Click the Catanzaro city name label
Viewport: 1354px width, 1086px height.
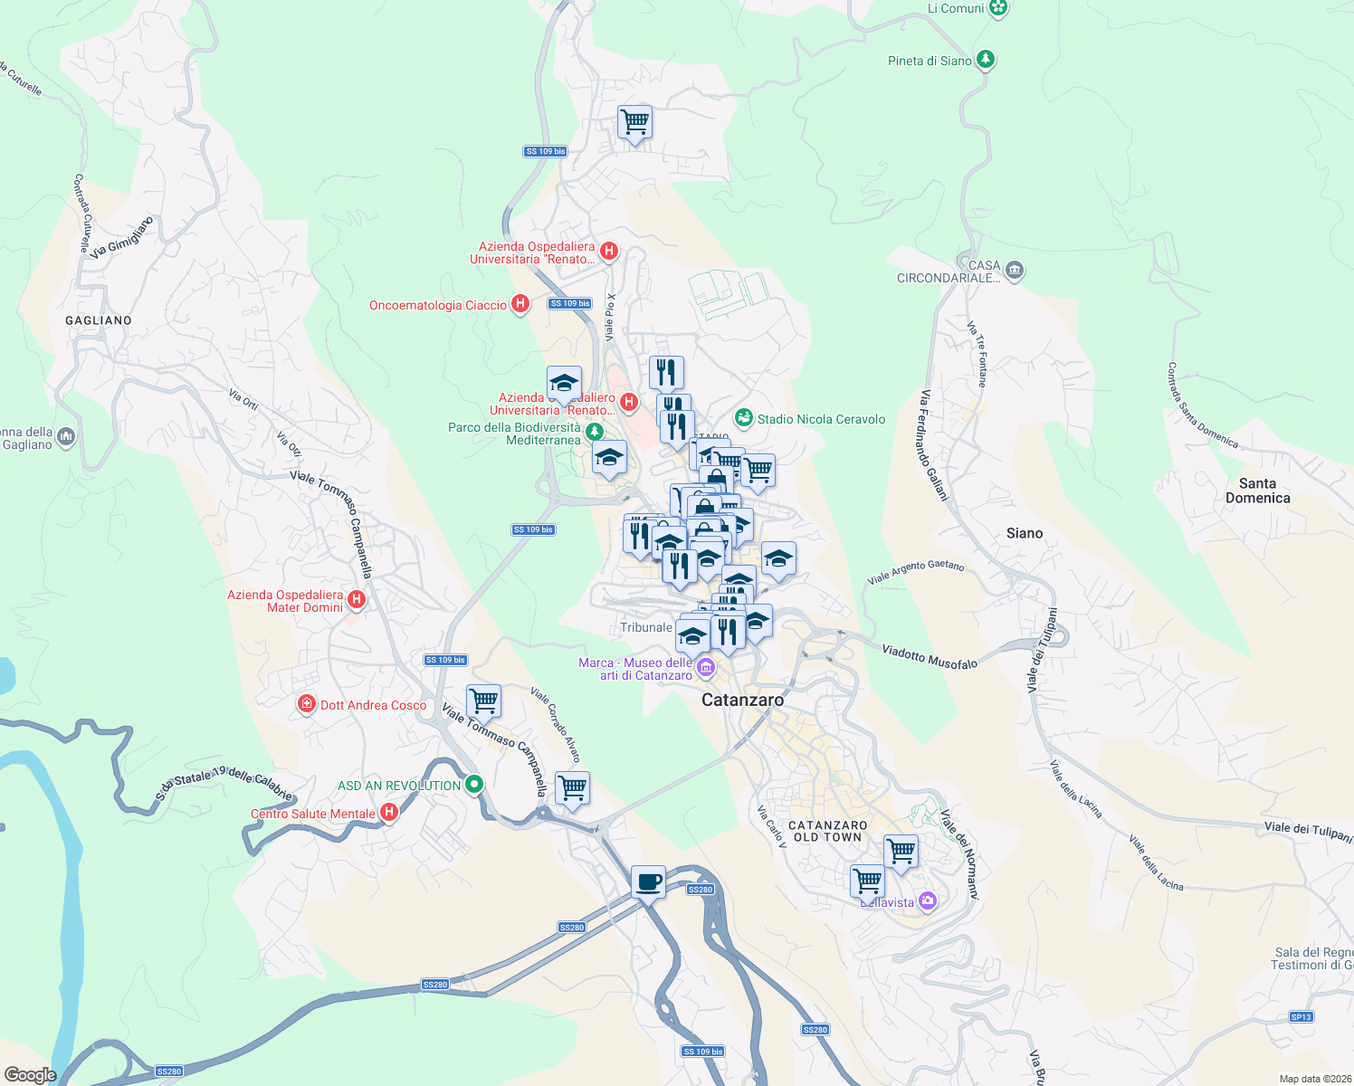pyautogui.click(x=742, y=700)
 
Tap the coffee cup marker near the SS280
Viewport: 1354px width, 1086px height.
pyautogui.click(x=648, y=881)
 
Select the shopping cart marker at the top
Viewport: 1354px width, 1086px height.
pyautogui.click(x=635, y=120)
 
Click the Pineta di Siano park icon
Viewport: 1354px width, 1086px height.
pyautogui.click(x=986, y=61)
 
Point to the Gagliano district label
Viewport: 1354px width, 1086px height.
pyautogui.click(x=99, y=320)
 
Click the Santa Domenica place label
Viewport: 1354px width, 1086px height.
pyautogui.click(x=1257, y=491)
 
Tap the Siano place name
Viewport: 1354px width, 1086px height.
pyautogui.click(x=1025, y=533)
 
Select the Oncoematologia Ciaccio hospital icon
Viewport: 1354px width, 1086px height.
pyautogui.click(x=520, y=304)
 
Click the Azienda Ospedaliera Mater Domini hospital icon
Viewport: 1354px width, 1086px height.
pyautogui.click(x=357, y=599)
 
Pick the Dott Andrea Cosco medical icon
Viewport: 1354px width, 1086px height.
pyautogui.click(x=307, y=704)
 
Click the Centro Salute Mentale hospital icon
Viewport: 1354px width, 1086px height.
pyautogui.click(x=389, y=813)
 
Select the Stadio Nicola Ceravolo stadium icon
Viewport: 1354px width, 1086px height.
pyautogui.click(x=743, y=418)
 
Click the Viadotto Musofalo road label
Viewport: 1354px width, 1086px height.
pyautogui.click(x=930, y=657)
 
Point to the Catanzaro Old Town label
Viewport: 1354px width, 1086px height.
pyautogui.click(x=827, y=831)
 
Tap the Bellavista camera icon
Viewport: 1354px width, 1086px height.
pyautogui.click(x=927, y=900)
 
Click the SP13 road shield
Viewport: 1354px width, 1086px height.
pyautogui.click(x=1301, y=1016)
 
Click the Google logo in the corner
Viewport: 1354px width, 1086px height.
pyautogui.click(x=30, y=1074)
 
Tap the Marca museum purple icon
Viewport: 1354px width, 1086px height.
pyautogui.click(x=707, y=670)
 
